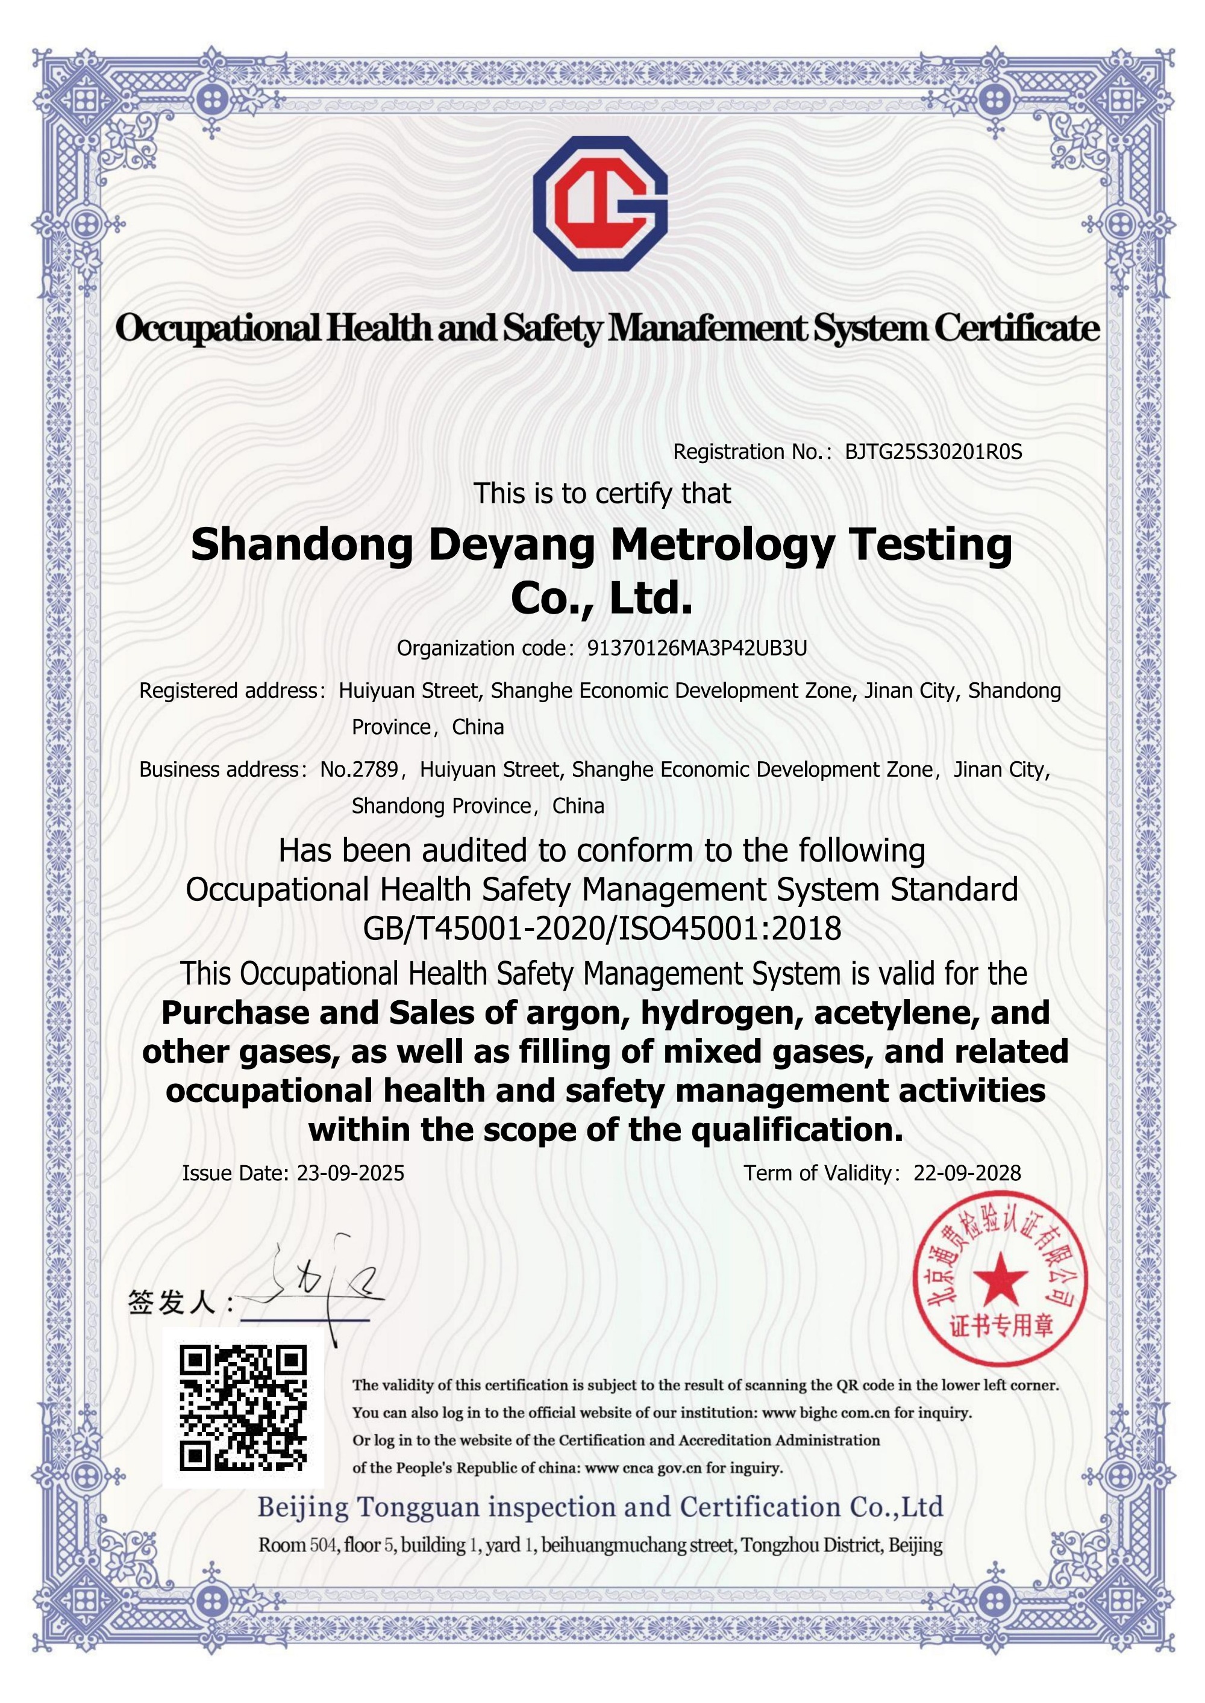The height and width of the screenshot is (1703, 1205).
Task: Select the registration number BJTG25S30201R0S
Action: [933, 452]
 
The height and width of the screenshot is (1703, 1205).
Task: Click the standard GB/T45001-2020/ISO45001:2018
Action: [602, 928]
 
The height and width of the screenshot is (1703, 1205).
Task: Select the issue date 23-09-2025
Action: [350, 1172]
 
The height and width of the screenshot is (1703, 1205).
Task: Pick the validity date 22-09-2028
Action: [967, 1172]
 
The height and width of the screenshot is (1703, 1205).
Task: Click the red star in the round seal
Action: [1000, 1278]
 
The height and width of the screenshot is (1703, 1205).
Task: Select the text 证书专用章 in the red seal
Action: [1002, 1326]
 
